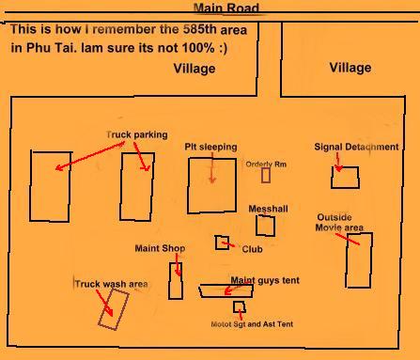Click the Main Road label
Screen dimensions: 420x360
point(226,8)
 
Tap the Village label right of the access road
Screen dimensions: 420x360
point(350,68)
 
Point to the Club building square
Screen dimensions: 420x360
point(215,243)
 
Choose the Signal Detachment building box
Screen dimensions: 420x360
point(332,178)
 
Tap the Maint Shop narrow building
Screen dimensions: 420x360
point(169,281)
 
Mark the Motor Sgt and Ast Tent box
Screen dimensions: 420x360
point(234,307)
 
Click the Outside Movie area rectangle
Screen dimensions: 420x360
point(347,260)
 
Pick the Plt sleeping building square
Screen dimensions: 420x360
point(188,185)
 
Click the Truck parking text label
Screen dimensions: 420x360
point(137,134)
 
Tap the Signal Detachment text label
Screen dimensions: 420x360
point(356,147)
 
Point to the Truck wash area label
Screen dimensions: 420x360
point(111,284)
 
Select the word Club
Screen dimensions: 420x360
point(252,249)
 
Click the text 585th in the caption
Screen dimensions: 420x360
point(200,29)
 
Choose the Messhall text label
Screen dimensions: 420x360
point(268,209)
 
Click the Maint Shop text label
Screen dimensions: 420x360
point(160,248)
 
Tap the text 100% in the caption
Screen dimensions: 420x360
point(198,48)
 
